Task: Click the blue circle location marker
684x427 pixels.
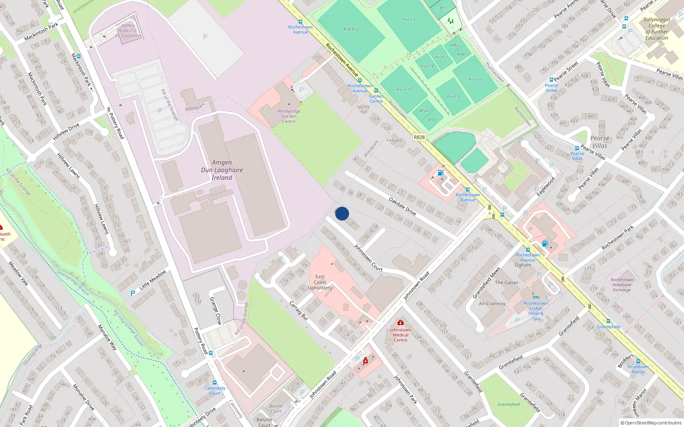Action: pyautogui.click(x=342, y=213)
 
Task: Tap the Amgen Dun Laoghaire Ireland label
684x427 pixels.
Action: pyautogui.click(x=222, y=170)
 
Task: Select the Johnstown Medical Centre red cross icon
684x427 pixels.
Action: pyautogui.click(x=401, y=322)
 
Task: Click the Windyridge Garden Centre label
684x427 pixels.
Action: pyautogui.click(x=289, y=116)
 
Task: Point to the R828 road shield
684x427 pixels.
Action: pyautogui.click(x=419, y=137)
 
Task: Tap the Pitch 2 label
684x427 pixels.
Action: pyautogui.click(x=351, y=29)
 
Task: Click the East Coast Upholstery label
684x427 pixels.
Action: pyautogui.click(x=320, y=282)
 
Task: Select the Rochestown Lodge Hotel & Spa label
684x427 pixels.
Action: pyautogui.click(x=536, y=311)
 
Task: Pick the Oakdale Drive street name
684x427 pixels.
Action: pyautogui.click(x=402, y=206)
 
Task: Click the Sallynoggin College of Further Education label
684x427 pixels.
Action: pyautogui.click(x=657, y=29)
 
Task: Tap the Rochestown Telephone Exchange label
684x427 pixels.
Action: pyautogui.click(x=622, y=285)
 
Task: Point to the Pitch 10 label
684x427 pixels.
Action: pyautogui.click(x=404, y=90)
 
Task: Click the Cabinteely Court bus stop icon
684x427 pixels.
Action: pyautogui.click(x=215, y=383)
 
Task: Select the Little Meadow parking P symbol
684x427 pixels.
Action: pyautogui.click(x=133, y=293)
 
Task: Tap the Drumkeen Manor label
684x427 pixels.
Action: pyautogui.click(x=638, y=369)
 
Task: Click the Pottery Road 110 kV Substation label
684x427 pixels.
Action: pyautogui.click(x=128, y=31)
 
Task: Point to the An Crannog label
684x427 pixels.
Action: pyautogui.click(x=492, y=304)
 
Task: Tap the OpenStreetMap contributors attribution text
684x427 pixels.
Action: pyautogui.click(x=651, y=423)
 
